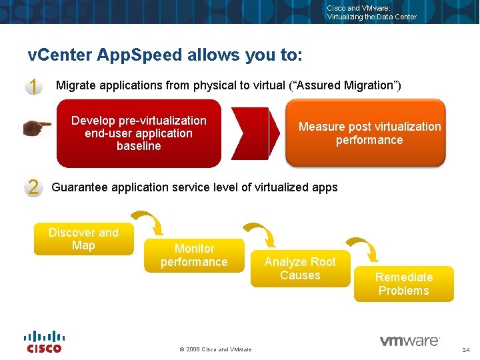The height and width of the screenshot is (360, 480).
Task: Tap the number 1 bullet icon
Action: click(33, 86)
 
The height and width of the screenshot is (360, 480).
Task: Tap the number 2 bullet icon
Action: click(33, 187)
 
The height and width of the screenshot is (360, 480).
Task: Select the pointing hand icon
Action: click(37, 127)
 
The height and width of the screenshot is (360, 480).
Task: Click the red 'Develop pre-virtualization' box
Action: click(139, 133)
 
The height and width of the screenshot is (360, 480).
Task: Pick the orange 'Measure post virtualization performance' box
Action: click(365, 133)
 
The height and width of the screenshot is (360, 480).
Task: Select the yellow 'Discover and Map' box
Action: click(83, 239)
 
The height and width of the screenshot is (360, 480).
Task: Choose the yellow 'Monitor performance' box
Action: click(194, 255)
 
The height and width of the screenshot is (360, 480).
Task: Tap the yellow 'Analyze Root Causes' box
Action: click(300, 269)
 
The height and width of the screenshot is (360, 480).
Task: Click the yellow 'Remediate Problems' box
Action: click(403, 284)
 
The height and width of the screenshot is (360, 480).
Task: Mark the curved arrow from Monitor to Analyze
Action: click(259, 234)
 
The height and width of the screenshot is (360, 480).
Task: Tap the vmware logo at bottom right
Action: click(409, 341)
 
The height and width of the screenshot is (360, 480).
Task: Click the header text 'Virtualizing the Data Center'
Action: click(371, 17)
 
